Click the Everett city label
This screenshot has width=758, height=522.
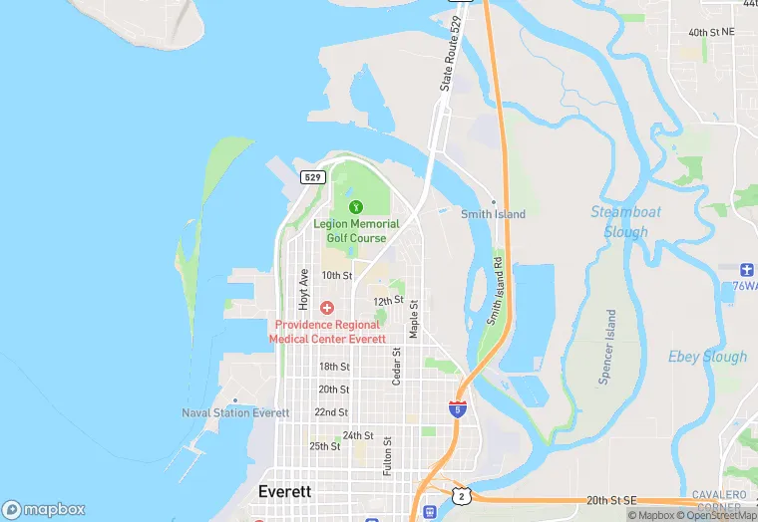click(284, 492)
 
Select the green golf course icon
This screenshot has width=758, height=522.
click(355, 207)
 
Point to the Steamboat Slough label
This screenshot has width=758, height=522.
click(625, 221)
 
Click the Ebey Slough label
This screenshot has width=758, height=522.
click(707, 357)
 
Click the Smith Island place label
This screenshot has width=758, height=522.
click(493, 214)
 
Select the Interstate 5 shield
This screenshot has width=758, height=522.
click(456, 408)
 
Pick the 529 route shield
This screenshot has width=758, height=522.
click(312, 177)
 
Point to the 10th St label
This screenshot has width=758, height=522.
click(337, 275)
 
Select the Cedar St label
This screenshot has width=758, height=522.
click(396, 366)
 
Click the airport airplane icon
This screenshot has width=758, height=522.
click(745, 270)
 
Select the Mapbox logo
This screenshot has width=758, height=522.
click(44, 509)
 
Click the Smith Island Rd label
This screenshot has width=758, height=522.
click(494, 294)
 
